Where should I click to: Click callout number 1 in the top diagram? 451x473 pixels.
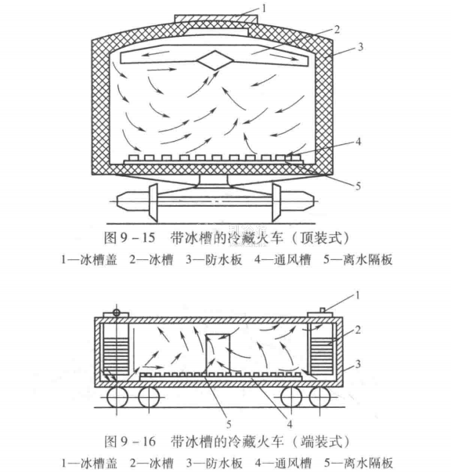point(264,9)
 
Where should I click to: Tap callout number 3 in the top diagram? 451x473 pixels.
point(360,47)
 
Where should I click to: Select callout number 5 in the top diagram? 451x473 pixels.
point(358,186)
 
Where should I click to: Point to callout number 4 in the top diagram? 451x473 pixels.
point(358,142)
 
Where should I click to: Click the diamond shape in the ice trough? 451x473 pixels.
point(215,60)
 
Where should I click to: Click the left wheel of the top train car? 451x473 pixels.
point(153,201)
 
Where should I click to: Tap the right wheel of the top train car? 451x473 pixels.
point(276,202)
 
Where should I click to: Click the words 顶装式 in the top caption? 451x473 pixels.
point(321,238)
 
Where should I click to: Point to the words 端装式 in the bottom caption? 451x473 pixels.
point(322,442)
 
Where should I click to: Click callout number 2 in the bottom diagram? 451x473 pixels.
point(358,330)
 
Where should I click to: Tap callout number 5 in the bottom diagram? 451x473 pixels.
point(229,424)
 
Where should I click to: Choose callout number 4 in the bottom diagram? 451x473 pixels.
point(290,424)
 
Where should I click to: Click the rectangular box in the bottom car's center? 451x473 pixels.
point(218,353)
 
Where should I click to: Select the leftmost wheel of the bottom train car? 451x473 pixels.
point(117,397)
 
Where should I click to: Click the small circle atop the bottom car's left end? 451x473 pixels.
point(116,312)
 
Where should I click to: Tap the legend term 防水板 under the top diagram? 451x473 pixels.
point(223,260)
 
